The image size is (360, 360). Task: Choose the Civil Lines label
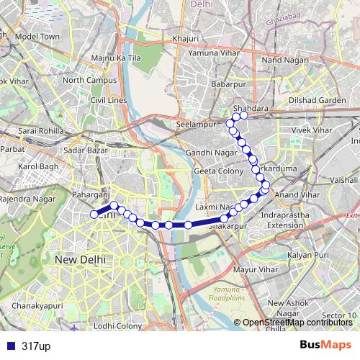pyautogui.click(x=109, y=100)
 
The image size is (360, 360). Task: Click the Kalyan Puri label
pyautogui.click(x=308, y=255)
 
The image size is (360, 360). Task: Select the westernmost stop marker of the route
pyautogui.click(x=94, y=214)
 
